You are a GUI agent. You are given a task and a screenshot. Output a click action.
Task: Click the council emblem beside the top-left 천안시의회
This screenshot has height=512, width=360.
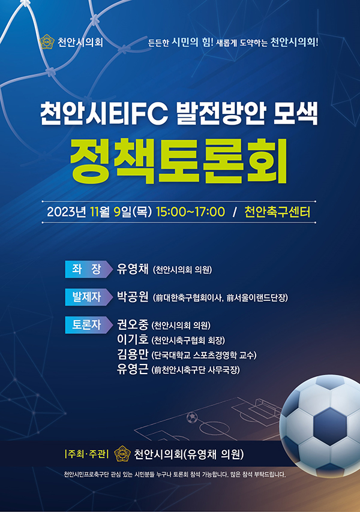coord(46,42)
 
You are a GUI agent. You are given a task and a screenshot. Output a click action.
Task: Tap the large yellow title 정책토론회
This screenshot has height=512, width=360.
coord(179,161)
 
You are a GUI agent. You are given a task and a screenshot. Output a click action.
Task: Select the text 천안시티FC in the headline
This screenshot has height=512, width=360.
coord(104,114)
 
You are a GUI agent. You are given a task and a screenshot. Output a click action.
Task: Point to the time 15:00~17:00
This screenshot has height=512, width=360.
coord(190,212)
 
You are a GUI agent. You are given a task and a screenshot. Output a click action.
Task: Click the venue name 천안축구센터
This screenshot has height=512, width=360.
coord(277,212)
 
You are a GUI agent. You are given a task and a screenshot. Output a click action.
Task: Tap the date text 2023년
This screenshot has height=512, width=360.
coord(67,212)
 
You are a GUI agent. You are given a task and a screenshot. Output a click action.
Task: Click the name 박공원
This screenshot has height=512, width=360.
coord(133,297)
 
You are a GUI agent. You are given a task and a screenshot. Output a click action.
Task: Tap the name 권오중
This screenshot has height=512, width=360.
coord(133,324)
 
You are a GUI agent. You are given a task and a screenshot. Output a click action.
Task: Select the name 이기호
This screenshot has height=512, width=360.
coord(133,339)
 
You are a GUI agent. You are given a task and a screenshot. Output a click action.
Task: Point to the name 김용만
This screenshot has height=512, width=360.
coord(133,354)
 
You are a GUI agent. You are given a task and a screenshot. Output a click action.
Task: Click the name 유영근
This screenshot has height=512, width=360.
coord(133,369)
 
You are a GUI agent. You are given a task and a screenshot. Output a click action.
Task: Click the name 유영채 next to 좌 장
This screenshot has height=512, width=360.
coord(133,269)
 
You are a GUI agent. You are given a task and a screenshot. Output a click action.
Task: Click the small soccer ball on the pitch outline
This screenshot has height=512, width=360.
coord(192,417)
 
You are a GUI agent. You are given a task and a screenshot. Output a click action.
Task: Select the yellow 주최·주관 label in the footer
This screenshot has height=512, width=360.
coord(87,454)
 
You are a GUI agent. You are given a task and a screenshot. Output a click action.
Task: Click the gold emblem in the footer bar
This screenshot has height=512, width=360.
coord(122,454)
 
